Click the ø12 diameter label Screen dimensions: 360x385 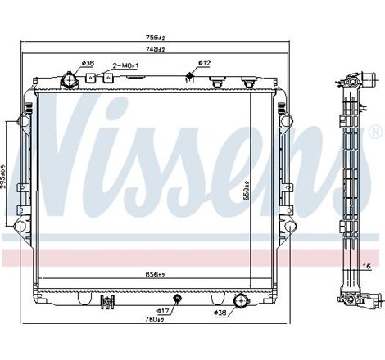point(205,64)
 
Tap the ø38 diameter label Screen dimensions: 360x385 point(220,312)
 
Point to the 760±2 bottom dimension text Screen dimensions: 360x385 point(155,319)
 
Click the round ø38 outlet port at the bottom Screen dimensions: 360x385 point(241,301)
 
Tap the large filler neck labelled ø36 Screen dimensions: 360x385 point(69,80)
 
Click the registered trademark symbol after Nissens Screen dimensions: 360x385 point(375,131)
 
